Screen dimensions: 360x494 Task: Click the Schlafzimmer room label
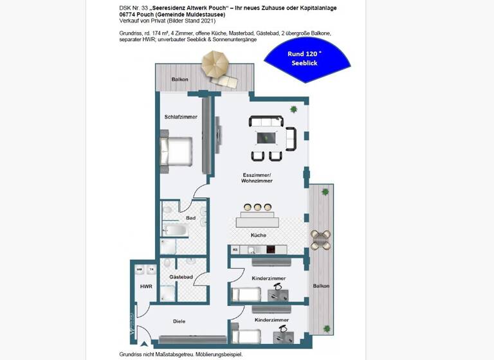(181, 117)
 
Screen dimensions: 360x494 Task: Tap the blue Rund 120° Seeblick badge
(307, 59)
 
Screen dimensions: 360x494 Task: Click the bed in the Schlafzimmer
(177, 151)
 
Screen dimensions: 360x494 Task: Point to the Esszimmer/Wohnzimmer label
(257, 178)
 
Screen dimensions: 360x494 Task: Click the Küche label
(258, 235)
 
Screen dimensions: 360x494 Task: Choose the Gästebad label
(181, 277)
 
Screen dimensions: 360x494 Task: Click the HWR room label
(146, 286)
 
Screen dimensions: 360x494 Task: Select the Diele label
(179, 320)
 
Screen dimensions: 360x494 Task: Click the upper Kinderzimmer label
(270, 278)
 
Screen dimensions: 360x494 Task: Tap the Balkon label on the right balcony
(321, 286)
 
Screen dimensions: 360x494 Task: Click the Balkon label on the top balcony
(180, 80)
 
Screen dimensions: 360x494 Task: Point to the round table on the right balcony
(320, 240)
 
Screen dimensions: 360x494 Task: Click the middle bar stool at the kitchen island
(258, 207)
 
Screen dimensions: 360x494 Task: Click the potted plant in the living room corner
(294, 109)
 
